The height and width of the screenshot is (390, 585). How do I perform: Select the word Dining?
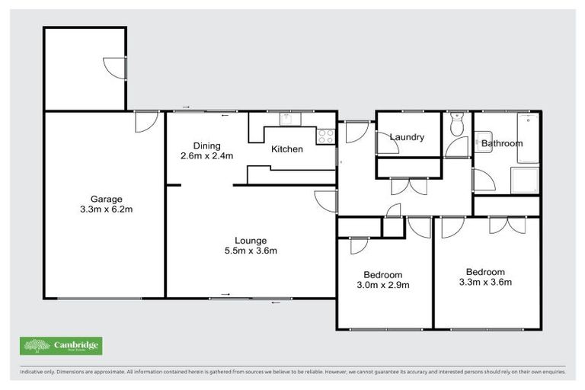[206, 145]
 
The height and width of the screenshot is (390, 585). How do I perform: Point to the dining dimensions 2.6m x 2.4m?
[206, 156]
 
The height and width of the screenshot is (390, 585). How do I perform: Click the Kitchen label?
[287, 149]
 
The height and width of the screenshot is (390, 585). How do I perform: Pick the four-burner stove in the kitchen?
[325, 136]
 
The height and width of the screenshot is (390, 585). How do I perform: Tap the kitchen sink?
[289, 118]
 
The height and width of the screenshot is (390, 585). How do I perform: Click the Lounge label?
[251, 241]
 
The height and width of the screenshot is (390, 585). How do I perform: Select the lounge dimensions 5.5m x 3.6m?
[251, 251]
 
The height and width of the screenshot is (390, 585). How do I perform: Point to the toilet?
[457, 125]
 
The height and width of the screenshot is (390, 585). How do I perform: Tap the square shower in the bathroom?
[526, 181]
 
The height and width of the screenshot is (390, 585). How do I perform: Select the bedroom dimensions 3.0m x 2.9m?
[385, 286]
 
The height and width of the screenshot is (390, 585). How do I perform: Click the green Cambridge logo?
[61, 346]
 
